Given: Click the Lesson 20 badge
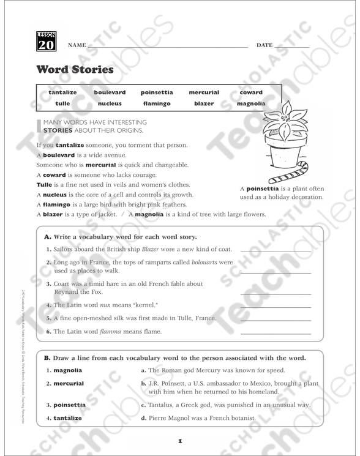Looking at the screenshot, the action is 45,41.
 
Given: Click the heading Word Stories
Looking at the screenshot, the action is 75,69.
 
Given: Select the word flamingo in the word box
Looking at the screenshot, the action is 156,103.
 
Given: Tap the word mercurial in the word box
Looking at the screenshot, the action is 204,92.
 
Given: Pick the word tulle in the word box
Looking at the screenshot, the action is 62,103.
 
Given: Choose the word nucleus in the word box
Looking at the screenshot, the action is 110,103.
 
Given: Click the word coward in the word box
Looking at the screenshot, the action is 251,92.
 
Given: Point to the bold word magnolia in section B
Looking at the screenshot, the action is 67,370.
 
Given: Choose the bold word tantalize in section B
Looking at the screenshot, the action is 68,418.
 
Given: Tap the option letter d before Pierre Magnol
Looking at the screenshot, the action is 143,419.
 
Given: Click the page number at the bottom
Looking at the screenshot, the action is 180,440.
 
